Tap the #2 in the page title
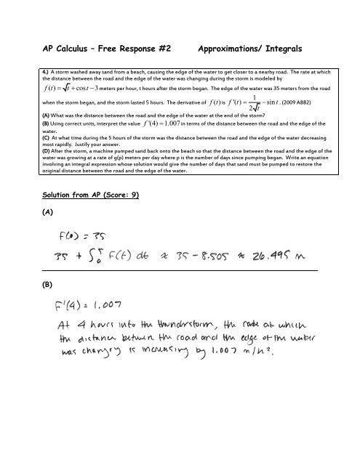164,49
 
